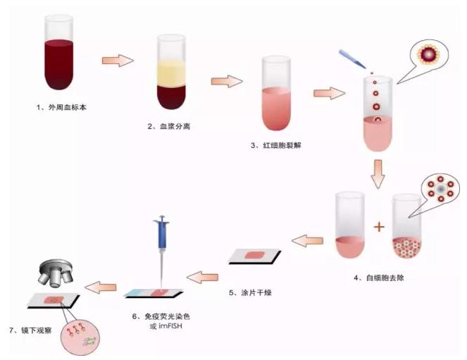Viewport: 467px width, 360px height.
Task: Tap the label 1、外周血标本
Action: (61, 108)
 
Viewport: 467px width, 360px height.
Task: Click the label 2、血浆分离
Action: (170, 126)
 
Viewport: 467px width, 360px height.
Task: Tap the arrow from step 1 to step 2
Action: (118, 61)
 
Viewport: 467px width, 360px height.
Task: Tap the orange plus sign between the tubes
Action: (379, 227)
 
